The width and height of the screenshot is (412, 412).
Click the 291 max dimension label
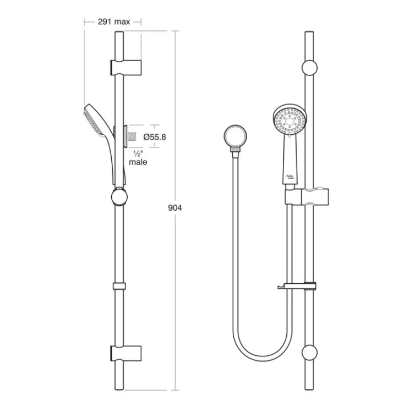point(113,22)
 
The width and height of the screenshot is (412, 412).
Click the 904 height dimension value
point(176,208)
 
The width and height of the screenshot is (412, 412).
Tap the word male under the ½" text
point(138,162)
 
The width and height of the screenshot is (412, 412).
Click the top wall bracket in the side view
point(125,67)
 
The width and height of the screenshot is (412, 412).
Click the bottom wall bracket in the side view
point(125,354)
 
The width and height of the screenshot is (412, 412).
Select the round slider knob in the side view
point(119,197)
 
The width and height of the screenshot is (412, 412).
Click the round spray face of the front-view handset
point(289,121)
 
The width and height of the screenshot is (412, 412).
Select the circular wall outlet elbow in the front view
point(235,136)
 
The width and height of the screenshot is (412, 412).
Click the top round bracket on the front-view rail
point(310,68)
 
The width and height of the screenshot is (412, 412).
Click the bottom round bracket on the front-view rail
point(310,353)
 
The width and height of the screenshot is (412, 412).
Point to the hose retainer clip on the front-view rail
point(299,286)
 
